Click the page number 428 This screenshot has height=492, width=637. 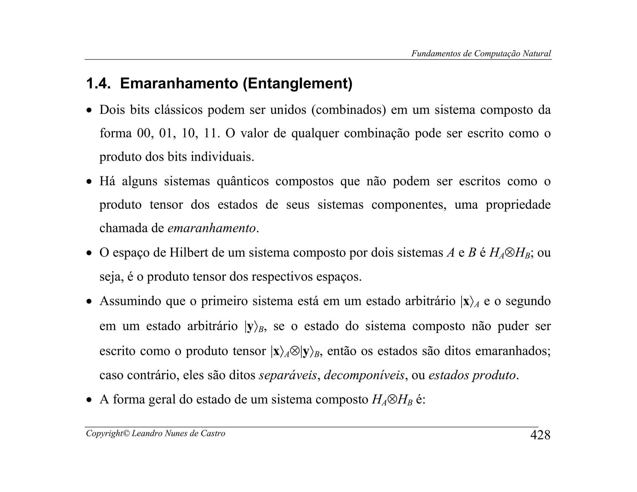[540, 435]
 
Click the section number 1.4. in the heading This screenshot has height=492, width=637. [98, 83]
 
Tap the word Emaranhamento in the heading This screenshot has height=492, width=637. [179, 83]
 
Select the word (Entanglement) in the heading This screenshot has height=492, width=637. [298, 83]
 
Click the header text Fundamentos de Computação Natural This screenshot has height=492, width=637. [481, 53]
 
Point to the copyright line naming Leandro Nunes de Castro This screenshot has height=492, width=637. [156, 433]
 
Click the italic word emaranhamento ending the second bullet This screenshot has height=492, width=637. [212, 228]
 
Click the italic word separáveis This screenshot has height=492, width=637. [288, 375]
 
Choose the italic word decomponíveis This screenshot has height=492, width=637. [364, 375]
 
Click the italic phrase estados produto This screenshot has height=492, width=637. [472, 375]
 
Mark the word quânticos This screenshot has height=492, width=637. [243, 181]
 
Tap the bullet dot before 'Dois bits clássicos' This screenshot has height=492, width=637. [89, 111]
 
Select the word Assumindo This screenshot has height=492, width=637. [130, 301]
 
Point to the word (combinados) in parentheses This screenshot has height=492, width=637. [348, 110]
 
